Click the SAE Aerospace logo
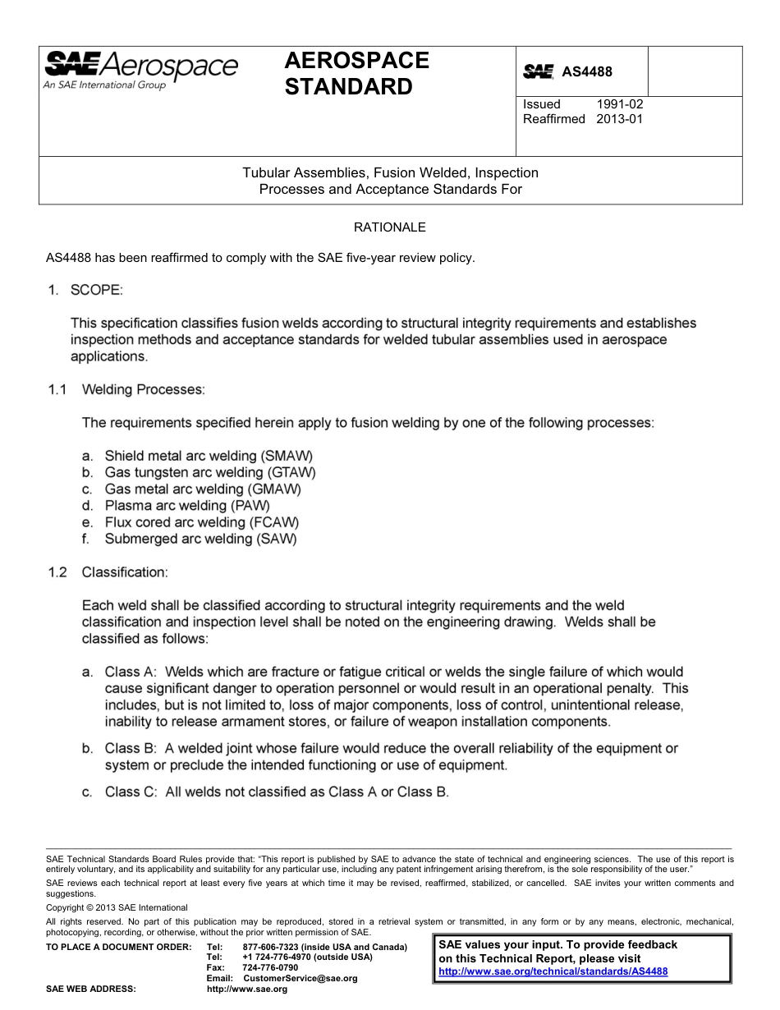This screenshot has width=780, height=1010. (140, 70)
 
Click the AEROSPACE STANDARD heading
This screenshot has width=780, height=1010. (356, 73)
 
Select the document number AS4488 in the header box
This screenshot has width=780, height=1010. (587, 72)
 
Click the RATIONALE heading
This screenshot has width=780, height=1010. (389, 227)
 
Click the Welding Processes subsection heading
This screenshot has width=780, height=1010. (143, 389)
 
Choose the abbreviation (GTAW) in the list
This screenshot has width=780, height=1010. (291, 473)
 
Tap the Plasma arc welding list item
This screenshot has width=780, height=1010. (186, 506)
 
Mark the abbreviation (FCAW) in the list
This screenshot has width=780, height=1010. (273, 522)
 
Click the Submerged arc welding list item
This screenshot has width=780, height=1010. (200, 539)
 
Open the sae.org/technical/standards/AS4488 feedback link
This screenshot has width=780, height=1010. (553, 971)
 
